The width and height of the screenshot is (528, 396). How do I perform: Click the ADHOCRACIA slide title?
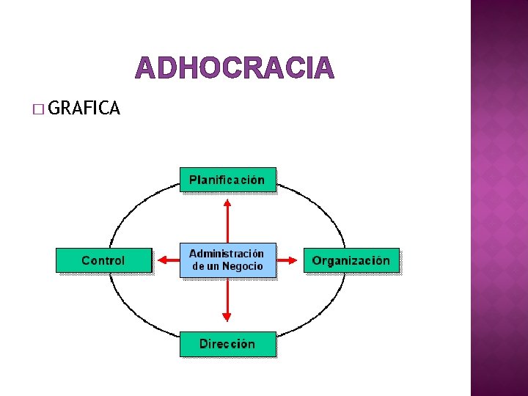pos(235,68)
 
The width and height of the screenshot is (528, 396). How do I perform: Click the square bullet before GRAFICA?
pos(38,110)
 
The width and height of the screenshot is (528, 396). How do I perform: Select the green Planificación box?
pos(227,180)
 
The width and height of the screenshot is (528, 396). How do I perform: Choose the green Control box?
pos(103,260)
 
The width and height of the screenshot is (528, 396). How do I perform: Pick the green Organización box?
pos(351,260)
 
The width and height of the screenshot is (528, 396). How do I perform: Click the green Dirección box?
pos(227,343)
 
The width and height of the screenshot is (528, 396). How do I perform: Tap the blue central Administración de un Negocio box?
pos(227,260)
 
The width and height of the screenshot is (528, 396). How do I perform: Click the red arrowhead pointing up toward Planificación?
pos(227,203)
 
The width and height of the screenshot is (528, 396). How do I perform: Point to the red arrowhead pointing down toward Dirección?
pos(227,317)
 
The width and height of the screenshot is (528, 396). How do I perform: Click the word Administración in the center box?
pos(227,254)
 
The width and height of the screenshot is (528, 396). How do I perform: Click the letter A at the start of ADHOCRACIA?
pos(144,68)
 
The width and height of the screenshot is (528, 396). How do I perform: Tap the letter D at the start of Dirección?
pos(204,343)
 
